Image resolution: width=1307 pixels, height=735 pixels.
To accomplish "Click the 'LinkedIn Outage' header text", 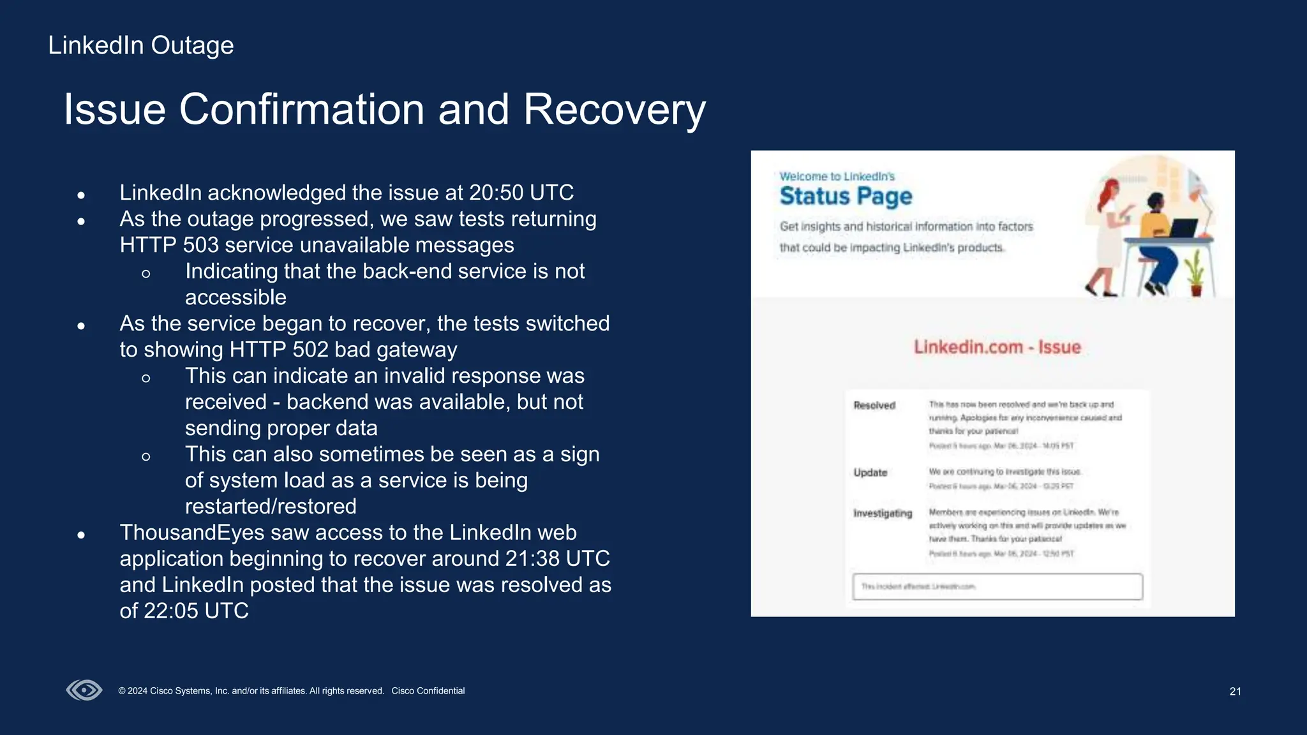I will click(x=140, y=45).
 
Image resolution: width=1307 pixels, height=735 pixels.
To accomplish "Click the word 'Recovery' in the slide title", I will click(x=614, y=109).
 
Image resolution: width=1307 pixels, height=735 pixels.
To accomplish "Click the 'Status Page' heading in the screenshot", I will click(x=846, y=196).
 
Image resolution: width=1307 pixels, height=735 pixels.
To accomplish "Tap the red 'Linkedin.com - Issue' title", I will click(x=997, y=347).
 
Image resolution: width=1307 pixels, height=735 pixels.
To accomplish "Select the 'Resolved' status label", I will click(x=874, y=405).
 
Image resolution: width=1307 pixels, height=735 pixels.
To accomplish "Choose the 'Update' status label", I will click(x=870, y=472).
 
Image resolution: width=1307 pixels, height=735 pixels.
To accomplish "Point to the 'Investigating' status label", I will click(x=883, y=513).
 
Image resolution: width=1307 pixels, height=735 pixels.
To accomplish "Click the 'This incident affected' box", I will click(x=997, y=586).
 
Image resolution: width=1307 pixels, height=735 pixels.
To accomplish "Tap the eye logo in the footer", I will click(x=84, y=690).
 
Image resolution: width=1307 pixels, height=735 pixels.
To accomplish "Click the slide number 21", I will click(x=1235, y=691).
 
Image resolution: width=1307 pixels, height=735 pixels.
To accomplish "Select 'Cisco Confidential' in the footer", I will click(x=428, y=691).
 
